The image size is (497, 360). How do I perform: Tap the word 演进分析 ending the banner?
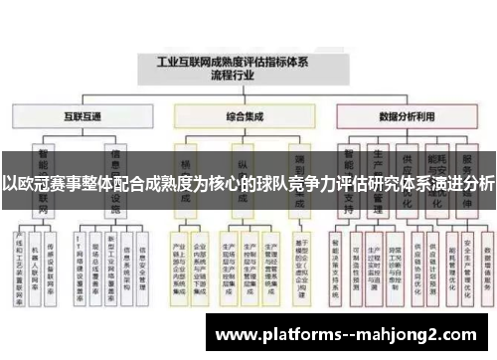pyautogui.click(x=462, y=183)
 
